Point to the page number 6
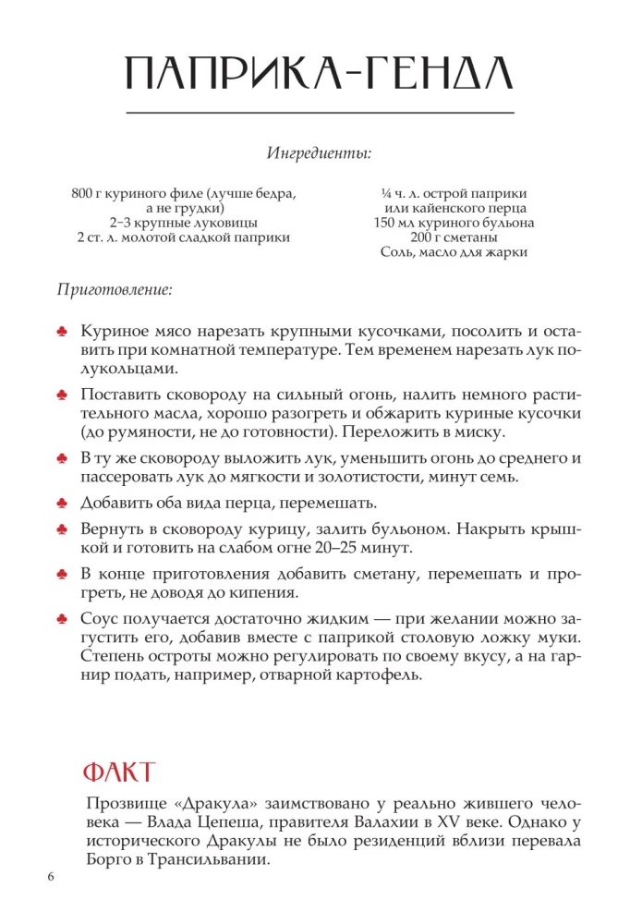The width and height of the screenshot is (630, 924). point(52,876)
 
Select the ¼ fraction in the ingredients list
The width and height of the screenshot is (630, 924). point(386,194)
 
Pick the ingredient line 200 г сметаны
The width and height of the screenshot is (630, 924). point(454,237)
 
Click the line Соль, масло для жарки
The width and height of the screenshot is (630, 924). point(454,252)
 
